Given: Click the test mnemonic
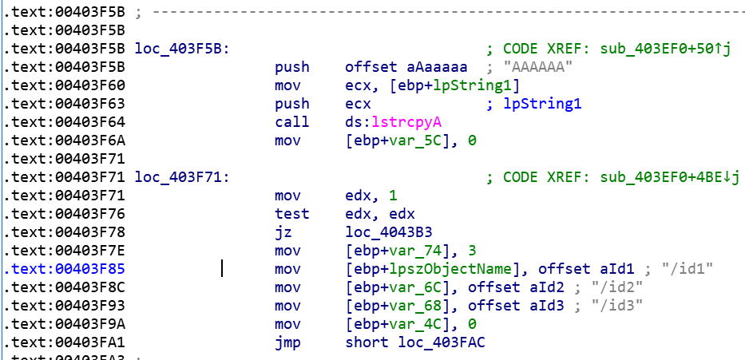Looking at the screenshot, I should [292, 214].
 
